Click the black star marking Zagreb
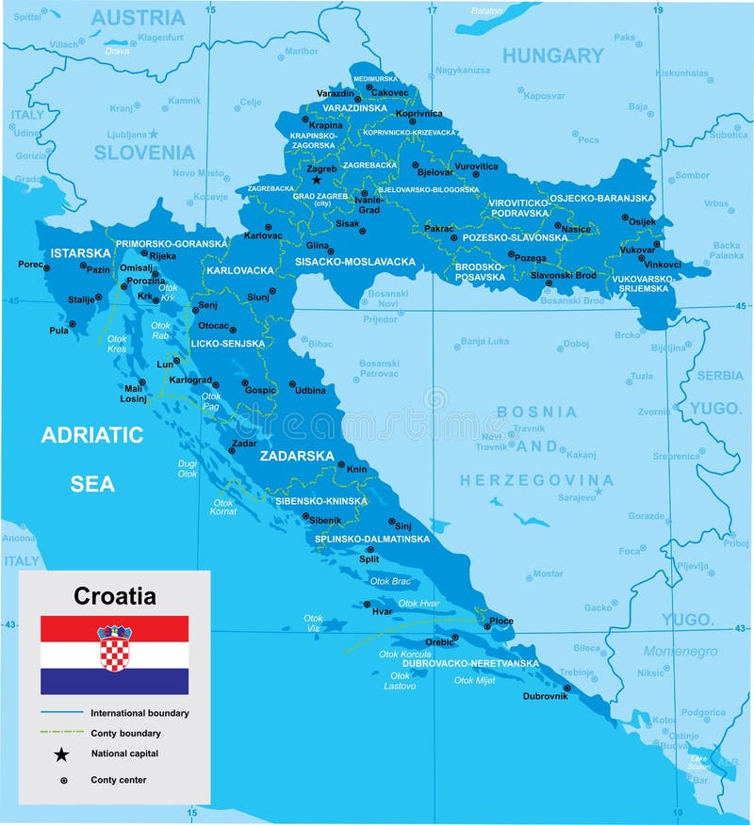point(317,179)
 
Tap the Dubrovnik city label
point(546,697)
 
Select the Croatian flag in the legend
point(114,655)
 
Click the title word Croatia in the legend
point(115,596)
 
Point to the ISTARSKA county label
point(80,253)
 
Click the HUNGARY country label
point(552,56)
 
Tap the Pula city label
point(59,331)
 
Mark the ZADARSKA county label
point(298,456)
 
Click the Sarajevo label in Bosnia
point(577,496)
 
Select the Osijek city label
point(642,222)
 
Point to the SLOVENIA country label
point(144,153)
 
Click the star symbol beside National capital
point(62,753)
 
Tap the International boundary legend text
point(139,713)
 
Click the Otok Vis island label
point(313,623)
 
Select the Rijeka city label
point(162,255)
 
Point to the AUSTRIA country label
point(138,17)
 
